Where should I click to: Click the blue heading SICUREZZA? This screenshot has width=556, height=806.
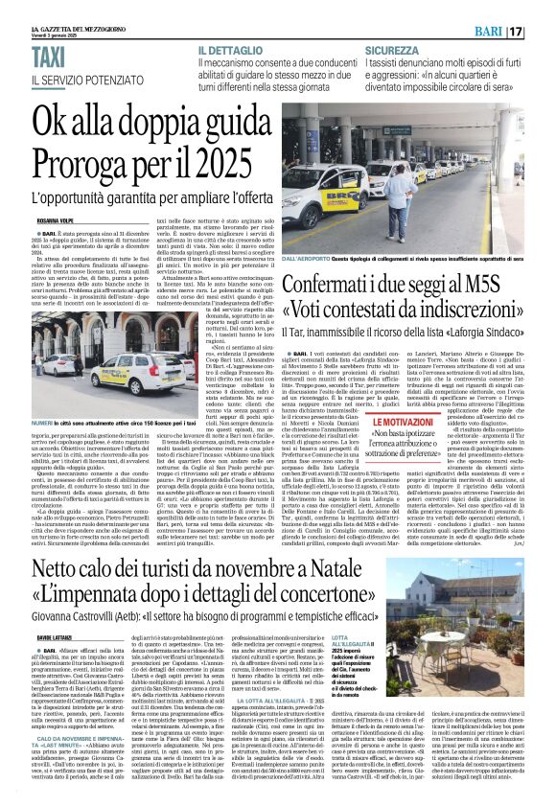pos(390,50)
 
